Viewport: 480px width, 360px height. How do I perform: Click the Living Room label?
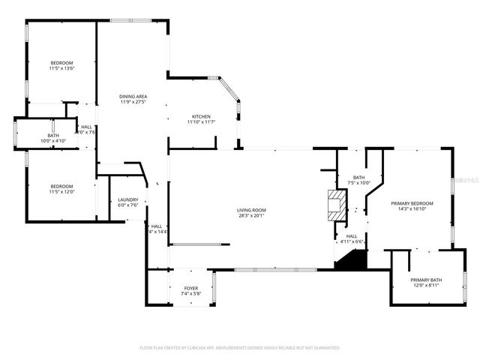(x=252, y=210)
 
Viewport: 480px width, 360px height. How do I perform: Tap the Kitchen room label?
(x=201, y=116)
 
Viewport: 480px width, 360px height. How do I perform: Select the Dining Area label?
(x=133, y=96)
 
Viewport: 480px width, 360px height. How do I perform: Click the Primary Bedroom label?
(x=412, y=203)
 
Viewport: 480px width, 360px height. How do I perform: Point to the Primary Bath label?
(x=426, y=280)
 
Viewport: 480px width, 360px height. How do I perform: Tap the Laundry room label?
(x=128, y=199)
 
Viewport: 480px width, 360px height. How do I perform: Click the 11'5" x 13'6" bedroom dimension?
(x=61, y=68)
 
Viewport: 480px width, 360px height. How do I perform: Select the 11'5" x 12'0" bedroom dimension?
(x=61, y=192)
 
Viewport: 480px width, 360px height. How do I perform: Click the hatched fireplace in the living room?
(x=337, y=205)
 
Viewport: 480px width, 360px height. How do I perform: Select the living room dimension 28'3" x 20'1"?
(x=252, y=216)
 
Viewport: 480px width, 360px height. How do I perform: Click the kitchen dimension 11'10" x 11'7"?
(x=201, y=122)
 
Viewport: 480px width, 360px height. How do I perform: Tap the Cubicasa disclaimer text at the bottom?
(x=240, y=348)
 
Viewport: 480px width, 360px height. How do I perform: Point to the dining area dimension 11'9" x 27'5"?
(x=133, y=102)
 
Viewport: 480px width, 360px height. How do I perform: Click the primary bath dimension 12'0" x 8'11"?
(x=426, y=286)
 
